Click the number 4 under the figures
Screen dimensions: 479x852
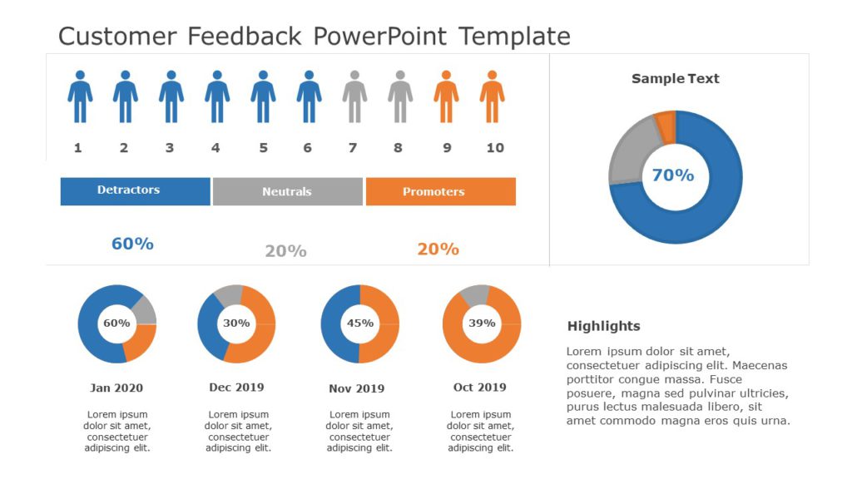pos(215,148)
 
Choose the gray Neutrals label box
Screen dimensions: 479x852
pos(288,191)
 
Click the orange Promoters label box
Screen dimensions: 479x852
pos(440,191)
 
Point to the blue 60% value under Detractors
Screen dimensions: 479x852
pos(132,244)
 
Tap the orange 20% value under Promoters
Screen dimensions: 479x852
pos(438,249)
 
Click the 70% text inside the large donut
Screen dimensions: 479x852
pos(672,175)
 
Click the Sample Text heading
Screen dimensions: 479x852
pos(675,79)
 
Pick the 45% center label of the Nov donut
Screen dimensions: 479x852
pos(359,323)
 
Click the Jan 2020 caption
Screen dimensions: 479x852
pos(116,388)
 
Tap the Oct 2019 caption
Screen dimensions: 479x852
pos(479,387)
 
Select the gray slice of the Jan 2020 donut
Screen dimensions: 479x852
pos(145,309)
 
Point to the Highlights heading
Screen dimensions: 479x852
pos(603,326)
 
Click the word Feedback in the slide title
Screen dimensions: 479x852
pos(245,37)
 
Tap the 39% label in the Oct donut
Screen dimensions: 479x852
pos(482,323)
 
